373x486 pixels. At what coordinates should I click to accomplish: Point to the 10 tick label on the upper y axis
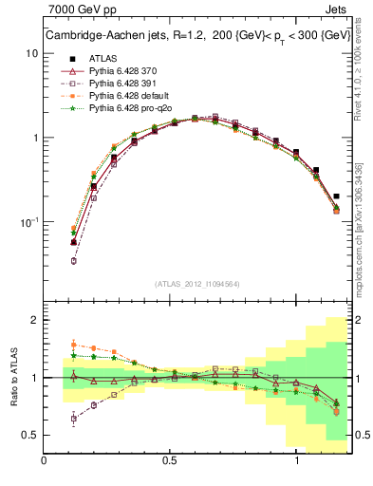click(31, 53)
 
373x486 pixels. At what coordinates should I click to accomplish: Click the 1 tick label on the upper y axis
click(34, 138)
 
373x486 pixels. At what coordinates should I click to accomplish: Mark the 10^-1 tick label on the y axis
click(29, 222)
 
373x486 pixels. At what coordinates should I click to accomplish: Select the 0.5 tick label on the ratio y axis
click(30, 435)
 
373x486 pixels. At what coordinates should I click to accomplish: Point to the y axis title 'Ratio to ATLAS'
click(13, 377)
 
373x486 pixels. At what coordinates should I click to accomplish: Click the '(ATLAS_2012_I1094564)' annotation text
click(197, 283)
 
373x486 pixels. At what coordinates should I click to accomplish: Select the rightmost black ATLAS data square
click(337, 196)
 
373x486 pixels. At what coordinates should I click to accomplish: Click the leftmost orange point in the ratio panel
click(74, 346)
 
